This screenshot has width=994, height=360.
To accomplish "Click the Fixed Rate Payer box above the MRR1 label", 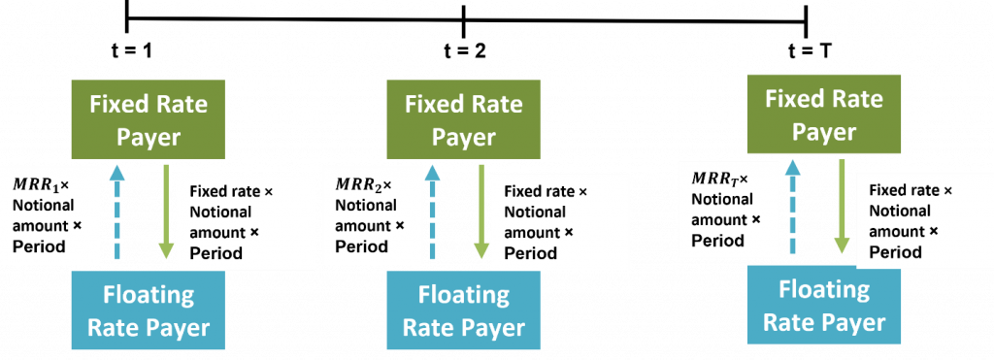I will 149,120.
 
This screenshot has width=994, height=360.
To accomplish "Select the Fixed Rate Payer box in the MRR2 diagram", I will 463,120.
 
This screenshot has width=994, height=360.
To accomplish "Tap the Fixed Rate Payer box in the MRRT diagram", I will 824,115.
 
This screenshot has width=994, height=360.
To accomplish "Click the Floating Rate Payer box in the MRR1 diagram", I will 149,311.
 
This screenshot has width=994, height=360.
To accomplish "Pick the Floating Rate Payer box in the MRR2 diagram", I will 463,311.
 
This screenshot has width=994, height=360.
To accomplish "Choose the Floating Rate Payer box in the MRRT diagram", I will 824,307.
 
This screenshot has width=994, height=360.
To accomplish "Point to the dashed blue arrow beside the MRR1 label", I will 117,212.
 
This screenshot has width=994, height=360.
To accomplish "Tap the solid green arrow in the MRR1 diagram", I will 166,210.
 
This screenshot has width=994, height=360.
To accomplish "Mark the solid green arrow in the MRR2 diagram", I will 480,210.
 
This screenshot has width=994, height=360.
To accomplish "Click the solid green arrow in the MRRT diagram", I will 842,206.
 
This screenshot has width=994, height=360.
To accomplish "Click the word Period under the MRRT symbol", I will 717,241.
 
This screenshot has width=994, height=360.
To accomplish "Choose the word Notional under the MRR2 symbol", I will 366,205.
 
